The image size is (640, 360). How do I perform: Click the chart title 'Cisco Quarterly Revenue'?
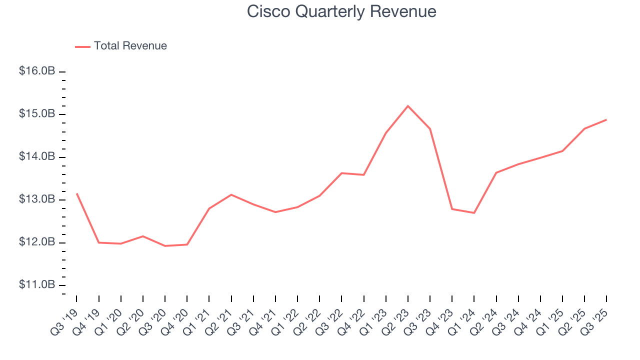[341, 12]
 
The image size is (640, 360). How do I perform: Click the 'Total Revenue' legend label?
[130, 46]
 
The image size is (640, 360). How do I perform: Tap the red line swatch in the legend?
[82, 46]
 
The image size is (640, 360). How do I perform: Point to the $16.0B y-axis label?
[37, 71]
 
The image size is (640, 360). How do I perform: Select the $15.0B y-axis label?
[37, 114]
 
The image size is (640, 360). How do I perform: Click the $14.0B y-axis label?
[37, 157]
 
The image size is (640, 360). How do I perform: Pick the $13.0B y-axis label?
[37, 199]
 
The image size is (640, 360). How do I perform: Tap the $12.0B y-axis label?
[37, 242]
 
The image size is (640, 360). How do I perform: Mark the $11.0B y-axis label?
[37, 285]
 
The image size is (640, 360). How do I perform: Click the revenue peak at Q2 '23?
[408, 106]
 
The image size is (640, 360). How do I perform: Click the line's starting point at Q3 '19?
[76, 193]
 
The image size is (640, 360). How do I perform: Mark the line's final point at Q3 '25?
[606, 119]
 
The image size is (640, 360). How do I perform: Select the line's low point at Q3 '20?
[165, 246]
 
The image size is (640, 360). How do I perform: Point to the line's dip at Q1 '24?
[474, 213]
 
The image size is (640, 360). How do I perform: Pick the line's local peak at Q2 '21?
[231, 194]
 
